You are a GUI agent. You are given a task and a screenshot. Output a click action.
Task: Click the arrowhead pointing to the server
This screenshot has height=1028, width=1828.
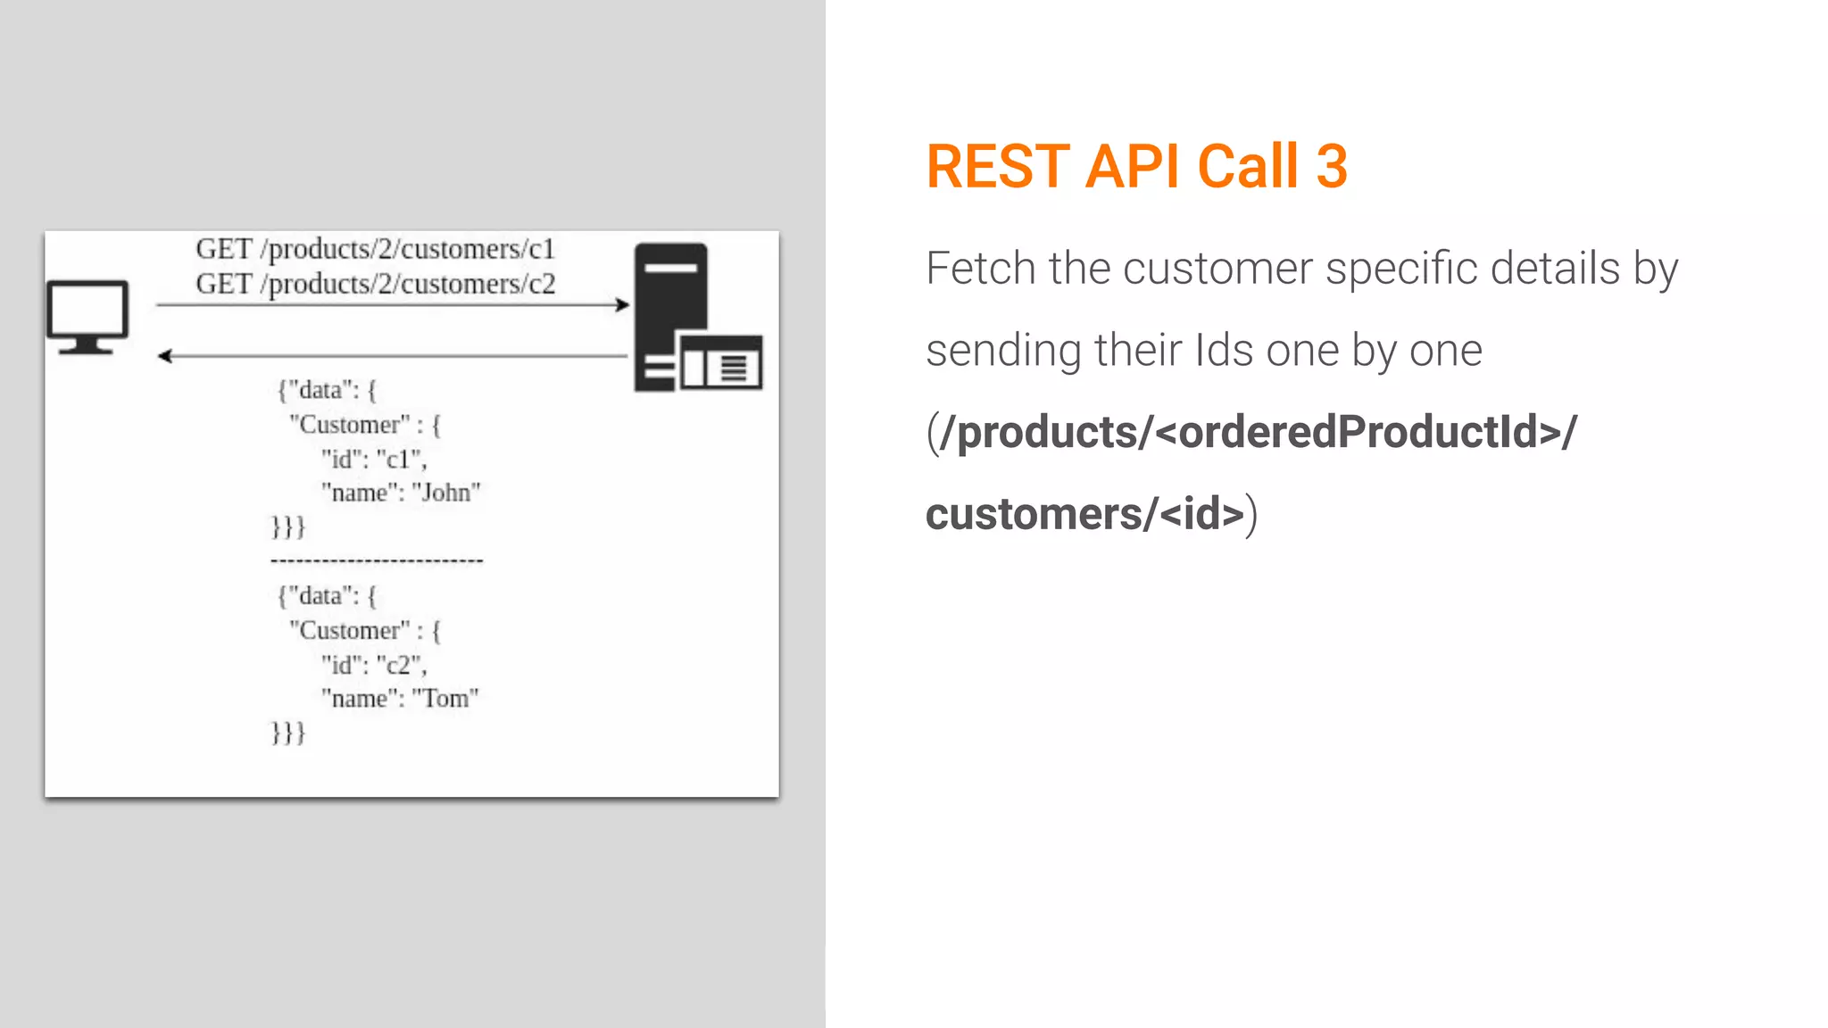621,305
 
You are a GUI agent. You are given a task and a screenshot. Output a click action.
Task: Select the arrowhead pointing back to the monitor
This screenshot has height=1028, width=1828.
165,356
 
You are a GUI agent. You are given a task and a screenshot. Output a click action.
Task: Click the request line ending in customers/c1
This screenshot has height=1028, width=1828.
375,249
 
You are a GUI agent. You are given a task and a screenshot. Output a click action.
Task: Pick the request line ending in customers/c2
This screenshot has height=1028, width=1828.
375,284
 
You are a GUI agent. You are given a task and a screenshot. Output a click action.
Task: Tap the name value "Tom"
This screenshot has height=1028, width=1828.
445,699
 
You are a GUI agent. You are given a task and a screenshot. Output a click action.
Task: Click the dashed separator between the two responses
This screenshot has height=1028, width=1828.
377,561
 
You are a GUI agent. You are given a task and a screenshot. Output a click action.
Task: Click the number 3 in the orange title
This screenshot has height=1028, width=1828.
1331,167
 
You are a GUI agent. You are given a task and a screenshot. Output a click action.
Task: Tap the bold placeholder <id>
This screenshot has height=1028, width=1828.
1201,514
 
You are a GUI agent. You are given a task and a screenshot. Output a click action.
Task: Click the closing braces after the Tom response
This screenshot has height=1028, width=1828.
288,733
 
